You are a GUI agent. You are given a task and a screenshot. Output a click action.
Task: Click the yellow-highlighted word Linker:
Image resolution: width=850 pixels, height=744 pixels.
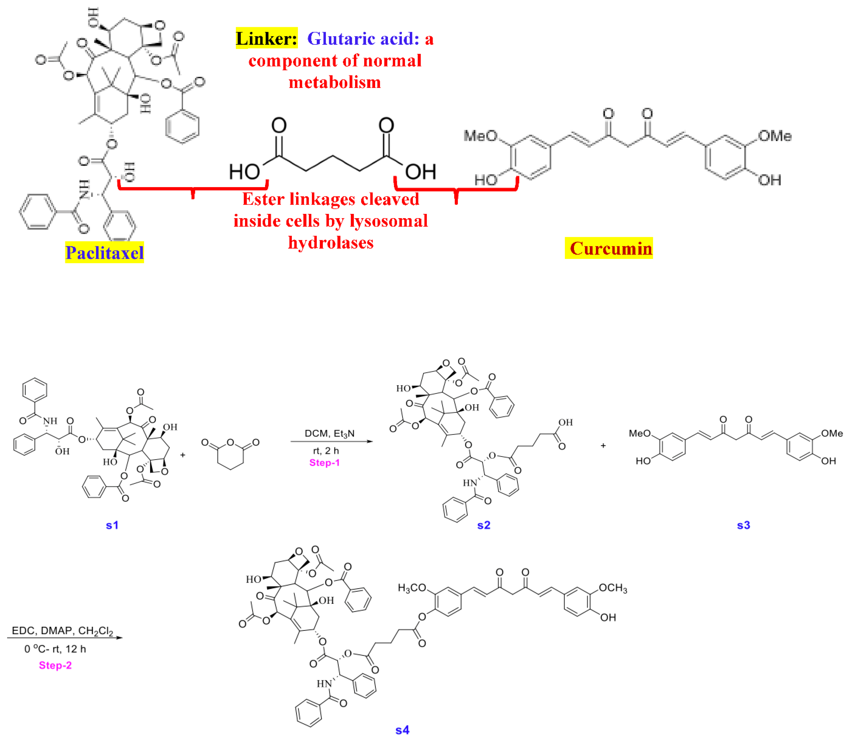(x=266, y=39)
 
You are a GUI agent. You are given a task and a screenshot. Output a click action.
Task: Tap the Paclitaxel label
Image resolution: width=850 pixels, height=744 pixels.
(x=104, y=252)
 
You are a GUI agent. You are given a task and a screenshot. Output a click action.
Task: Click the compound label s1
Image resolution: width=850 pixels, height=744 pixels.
(x=112, y=525)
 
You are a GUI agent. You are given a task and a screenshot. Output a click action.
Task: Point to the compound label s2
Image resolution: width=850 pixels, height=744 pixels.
(x=484, y=525)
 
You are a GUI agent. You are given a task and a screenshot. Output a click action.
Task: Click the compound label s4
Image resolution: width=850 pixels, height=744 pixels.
(x=402, y=730)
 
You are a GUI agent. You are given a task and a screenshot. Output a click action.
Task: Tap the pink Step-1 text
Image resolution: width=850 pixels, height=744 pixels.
(x=325, y=463)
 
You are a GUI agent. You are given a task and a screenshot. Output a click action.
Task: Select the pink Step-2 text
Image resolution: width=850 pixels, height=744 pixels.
(x=55, y=665)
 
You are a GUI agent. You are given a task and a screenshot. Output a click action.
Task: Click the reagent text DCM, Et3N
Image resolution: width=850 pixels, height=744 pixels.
(x=329, y=433)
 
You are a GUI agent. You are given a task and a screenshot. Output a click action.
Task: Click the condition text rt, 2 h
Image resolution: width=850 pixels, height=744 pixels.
(x=326, y=451)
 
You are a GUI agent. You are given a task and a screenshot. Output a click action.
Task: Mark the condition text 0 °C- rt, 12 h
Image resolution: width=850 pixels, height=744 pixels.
(x=55, y=649)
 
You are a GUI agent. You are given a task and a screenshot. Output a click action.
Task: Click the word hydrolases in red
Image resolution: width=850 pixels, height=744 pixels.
(x=331, y=242)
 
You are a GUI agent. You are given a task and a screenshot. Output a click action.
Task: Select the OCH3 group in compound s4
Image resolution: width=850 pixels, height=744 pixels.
(x=613, y=588)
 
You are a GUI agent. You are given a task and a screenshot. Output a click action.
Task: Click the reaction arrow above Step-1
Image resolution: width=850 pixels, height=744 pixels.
(x=331, y=441)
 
